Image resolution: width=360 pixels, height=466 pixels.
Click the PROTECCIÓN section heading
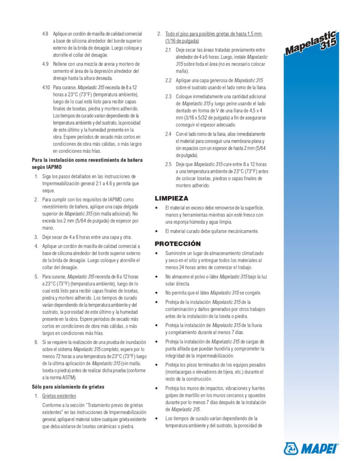pos(177,244)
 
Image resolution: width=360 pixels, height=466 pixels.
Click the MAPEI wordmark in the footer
pos(319,449)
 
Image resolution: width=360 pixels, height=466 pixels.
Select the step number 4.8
pos(45,34)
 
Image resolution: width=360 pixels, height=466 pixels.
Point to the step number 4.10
pos(46,86)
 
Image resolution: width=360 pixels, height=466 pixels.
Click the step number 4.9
pos(45,64)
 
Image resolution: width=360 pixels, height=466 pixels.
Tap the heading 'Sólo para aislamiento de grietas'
pos(68,387)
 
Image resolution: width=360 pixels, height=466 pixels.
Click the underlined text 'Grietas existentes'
pos(59,396)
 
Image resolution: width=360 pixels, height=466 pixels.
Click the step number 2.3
pos(168,96)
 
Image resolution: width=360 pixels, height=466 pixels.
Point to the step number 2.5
pos(168,164)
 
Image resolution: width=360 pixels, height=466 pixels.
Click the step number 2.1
pos(168,50)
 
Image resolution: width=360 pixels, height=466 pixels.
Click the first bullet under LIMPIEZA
pos(157,208)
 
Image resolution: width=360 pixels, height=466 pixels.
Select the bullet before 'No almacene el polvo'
pos(157,276)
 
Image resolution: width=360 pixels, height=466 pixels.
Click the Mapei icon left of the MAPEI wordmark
pos(291,449)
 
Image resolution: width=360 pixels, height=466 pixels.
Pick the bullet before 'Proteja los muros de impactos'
pos(157,388)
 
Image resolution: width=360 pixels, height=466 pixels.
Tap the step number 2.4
pos(168,134)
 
